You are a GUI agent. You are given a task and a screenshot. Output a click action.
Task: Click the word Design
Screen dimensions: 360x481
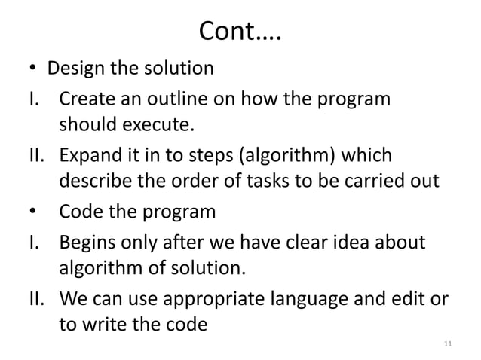click(74, 69)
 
